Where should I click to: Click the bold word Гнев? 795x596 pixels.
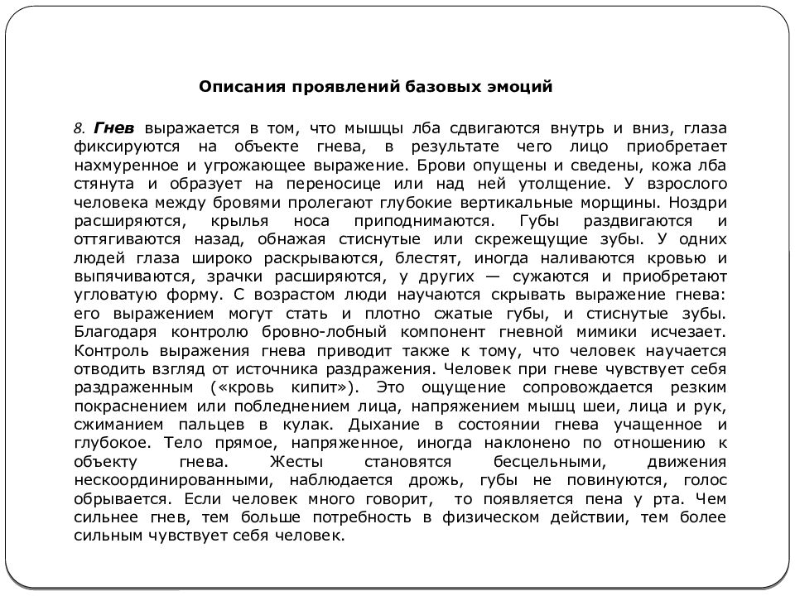(113, 129)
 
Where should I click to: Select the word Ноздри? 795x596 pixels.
(699, 201)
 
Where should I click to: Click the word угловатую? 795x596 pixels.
(122, 295)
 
